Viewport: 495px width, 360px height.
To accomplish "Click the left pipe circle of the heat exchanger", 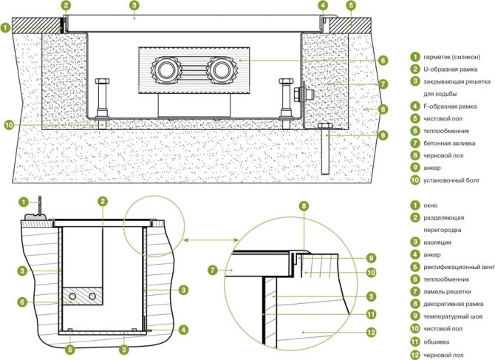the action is click(165, 70).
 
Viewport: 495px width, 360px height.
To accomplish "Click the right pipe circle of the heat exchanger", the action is click(220, 70).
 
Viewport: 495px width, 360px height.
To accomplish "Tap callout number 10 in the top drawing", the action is click(9, 126).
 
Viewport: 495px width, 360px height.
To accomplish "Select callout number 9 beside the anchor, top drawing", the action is click(383, 135).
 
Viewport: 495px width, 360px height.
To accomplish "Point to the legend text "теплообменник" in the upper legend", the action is click(446, 131).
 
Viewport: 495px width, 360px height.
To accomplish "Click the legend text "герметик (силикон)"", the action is click(451, 57).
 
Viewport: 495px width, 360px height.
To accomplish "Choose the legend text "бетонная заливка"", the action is click(449, 143).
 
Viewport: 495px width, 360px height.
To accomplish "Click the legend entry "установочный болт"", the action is click(451, 180).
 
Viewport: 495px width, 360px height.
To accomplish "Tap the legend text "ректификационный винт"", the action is click(459, 267).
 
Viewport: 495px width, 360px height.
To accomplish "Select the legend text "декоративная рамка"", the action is click(454, 304).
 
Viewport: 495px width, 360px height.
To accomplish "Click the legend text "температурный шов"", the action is click(453, 316).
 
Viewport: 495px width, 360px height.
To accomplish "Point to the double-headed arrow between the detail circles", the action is click(211, 240).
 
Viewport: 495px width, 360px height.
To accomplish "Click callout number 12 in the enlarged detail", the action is click(371, 333).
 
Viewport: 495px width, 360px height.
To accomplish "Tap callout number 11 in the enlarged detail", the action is click(371, 314).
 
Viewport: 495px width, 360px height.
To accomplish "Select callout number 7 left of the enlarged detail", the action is click(213, 271).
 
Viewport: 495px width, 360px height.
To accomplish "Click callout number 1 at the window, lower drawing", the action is click(24, 202).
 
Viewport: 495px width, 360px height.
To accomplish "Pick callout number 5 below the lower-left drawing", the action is click(70, 349).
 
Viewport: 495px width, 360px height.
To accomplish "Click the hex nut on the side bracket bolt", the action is click(298, 94).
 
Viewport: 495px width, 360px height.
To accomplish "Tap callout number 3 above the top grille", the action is click(134, 5).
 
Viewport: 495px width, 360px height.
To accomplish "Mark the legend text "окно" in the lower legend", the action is click(430, 206).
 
